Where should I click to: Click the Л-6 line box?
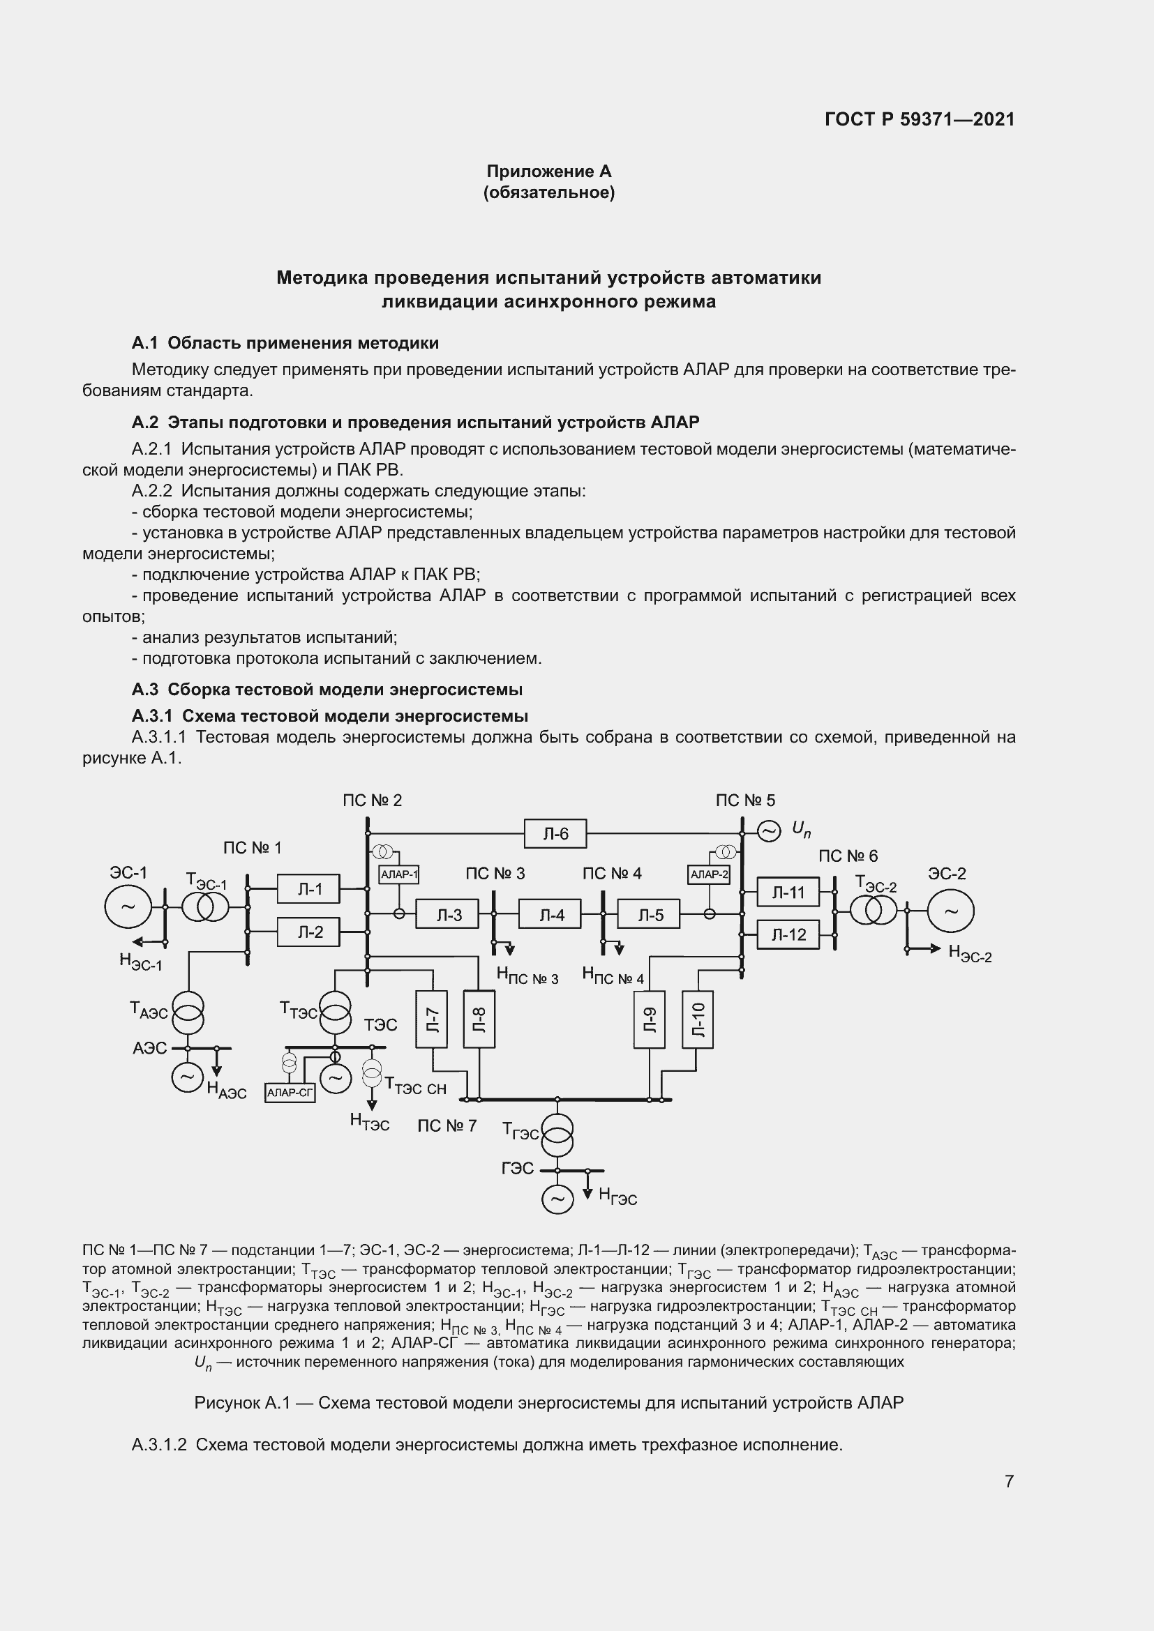(555, 833)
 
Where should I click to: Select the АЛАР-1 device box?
(398, 874)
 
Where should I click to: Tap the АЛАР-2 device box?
(708, 874)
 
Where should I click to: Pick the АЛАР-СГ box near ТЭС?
(290, 1093)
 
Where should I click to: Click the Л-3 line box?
(447, 915)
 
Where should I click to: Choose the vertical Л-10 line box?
(697, 1019)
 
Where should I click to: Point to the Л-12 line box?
(788, 935)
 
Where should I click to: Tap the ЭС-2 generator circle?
(950, 911)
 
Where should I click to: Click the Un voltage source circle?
(768, 830)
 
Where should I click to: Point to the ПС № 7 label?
(447, 1126)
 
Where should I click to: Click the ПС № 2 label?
(373, 801)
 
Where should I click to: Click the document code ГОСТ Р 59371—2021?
(920, 119)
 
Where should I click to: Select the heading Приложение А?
(548, 172)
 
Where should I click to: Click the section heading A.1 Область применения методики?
(285, 343)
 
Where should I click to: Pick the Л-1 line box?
(308, 888)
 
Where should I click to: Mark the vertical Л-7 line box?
(431, 1019)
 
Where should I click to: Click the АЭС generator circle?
(187, 1077)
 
